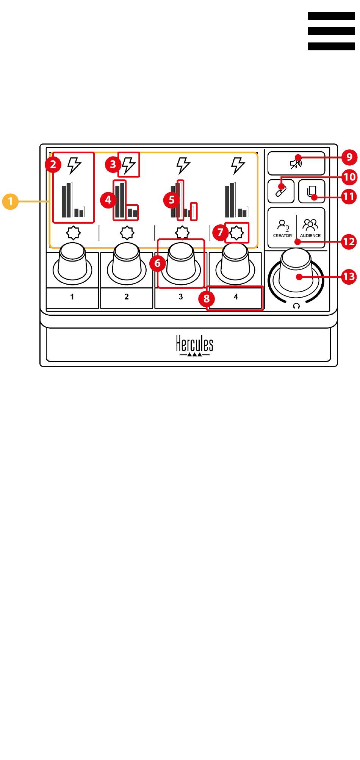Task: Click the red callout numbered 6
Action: pos(157,263)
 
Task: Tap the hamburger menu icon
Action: pos(331,31)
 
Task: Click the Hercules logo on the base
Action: pos(194,345)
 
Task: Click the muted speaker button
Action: pos(296,163)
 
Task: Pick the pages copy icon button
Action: pos(311,191)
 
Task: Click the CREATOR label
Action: pos(282,235)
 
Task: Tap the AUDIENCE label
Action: pos(310,235)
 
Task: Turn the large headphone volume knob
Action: pos(296,274)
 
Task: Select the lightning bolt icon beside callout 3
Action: pos(129,165)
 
